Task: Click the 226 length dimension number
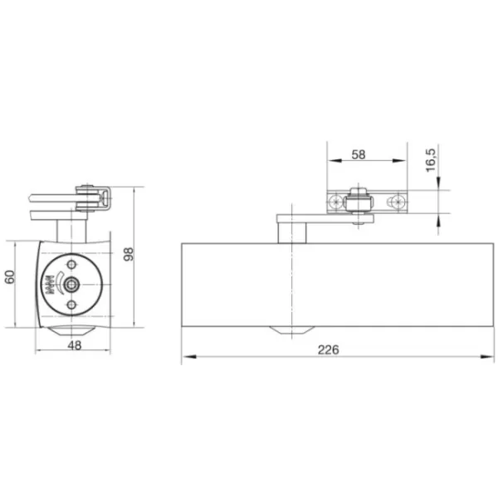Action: [329, 349]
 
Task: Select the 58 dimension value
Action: [359, 154]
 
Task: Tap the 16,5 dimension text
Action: [431, 159]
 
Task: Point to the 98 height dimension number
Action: [129, 255]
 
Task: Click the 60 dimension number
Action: [10, 277]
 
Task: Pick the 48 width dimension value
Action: [75, 345]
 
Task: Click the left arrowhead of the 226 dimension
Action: [189, 357]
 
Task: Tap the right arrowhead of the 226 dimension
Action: [487, 357]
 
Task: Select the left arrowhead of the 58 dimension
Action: [334, 161]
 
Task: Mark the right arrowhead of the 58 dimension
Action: [399, 161]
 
